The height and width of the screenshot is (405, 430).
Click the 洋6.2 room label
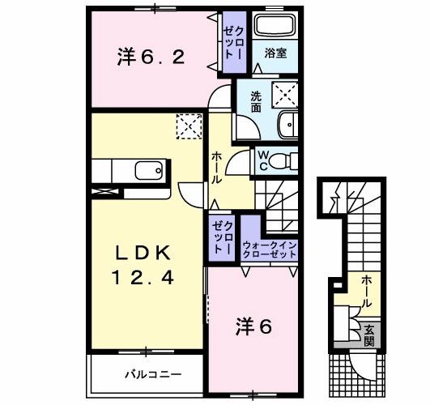[154, 57]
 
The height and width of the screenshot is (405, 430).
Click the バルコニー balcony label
[152, 374]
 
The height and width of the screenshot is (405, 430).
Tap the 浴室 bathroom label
[275, 53]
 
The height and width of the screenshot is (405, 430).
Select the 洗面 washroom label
[255, 101]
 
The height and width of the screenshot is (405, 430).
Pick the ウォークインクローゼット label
[270, 248]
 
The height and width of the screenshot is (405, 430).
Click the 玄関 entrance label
[368, 335]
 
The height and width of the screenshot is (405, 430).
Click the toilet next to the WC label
[284, 160]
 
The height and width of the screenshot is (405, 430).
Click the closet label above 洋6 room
[224, 238]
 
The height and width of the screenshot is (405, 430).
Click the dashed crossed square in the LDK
[188, 126]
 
